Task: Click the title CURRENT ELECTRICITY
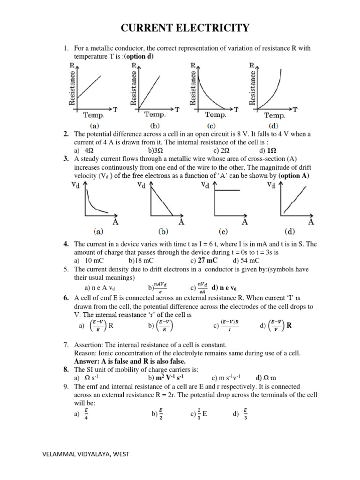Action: tap(185, 28)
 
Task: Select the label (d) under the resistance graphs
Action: tap(273, 126)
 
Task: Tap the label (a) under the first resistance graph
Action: tap(94, 126)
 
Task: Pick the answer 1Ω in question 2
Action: tap(271, 150)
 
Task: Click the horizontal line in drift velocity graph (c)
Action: tap(227, 190)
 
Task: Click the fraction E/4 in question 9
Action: tap(86, 414)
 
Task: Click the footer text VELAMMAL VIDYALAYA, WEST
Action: tap(85, 454)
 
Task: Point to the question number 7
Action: tap(66, 345)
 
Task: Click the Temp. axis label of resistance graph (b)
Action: tap(155, 114)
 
